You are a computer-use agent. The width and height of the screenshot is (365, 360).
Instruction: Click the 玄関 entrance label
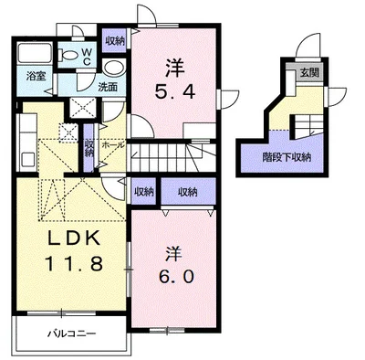pos(309,73)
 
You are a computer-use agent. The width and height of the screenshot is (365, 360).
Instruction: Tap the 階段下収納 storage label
pos(287,157)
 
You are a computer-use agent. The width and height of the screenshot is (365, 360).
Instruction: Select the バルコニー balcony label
pos(71,334)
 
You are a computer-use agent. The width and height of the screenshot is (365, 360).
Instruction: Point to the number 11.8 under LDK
pos(74,263)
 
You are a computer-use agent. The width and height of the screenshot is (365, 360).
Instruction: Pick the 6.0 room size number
pos(175,277)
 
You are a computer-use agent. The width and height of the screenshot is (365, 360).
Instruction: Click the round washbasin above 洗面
pos(114,68)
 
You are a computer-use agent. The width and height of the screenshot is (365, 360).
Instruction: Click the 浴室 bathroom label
pos(36,76)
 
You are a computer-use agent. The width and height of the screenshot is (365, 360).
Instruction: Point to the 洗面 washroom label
pos(108,87)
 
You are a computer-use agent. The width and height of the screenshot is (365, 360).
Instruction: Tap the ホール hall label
pos(113,144)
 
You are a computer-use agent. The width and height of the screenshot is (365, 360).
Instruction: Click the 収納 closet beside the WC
pos(115,40)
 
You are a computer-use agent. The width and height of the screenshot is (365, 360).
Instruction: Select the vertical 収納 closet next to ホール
pos(89,148)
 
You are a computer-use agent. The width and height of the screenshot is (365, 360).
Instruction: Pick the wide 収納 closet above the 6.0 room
pos(188,192)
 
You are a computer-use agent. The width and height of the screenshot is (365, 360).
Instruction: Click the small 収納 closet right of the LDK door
pos(143,192)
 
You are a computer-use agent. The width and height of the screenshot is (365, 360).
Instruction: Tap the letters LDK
pos(75,238)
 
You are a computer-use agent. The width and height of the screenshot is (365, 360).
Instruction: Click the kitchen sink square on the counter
pos(28,158)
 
